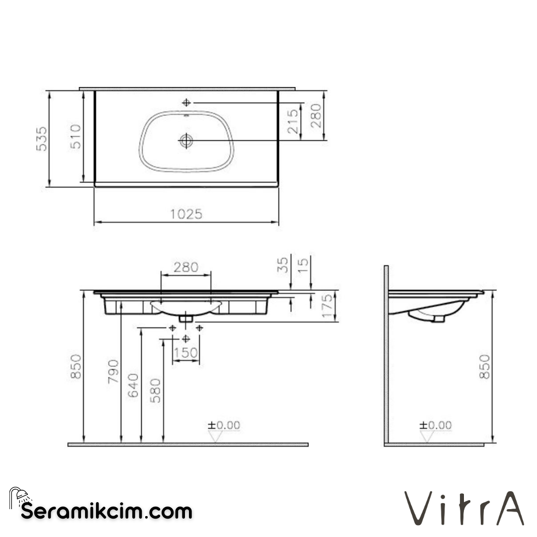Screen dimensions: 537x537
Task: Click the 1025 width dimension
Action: click(x=186, y=214)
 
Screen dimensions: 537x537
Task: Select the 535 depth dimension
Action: click(x=42, y=139)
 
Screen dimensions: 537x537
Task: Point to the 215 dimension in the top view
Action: click(x=293, y=121)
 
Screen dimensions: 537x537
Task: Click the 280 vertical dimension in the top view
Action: click(x=317, y=116)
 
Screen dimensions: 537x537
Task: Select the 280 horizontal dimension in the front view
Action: click(x=186, y=267)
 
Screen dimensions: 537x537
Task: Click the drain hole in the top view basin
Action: click(x=186, y=141)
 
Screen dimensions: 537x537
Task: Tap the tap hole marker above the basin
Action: click(x=186, y=102)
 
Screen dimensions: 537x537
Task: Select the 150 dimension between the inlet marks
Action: click(x=186, y=353)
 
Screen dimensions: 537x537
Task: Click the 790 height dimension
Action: click(x=114, y=371)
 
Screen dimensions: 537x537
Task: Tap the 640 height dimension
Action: click(x=134, y=385)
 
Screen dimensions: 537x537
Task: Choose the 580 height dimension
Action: click(x=156, y=390)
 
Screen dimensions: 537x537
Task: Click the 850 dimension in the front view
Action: click(x=76, y=366)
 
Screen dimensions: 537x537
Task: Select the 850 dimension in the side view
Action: click(x=485, y=366)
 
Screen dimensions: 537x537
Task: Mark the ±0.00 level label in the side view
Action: click(x=436, y=425)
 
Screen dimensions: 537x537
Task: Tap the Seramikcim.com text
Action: click(x=106, y=511)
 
